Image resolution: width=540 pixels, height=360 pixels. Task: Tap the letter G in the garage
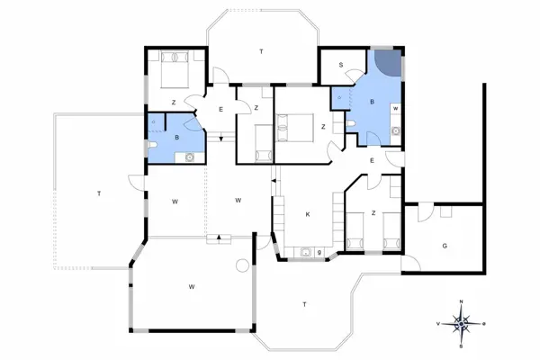click(x=444, y=246)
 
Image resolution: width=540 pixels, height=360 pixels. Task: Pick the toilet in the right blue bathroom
click(x=397, y=131)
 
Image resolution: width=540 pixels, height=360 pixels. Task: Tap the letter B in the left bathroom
click(x=177, y=137)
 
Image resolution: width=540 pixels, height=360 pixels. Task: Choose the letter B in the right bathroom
click(x=372, y=103)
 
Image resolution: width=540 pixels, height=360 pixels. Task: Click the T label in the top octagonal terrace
click(x=261, y=53)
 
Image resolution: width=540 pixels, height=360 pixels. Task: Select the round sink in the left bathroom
click(x=189, y=157)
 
